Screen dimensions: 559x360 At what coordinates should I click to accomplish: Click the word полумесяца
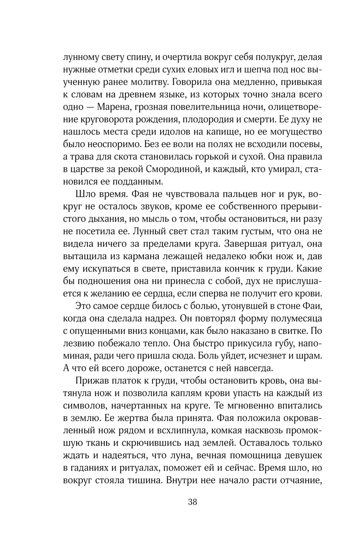coord(296,319)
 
